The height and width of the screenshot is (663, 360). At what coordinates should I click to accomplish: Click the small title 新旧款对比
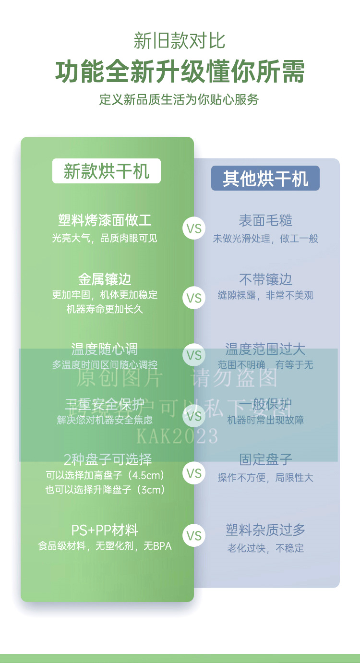180,41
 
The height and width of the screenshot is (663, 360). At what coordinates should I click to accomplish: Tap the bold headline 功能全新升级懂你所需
180,72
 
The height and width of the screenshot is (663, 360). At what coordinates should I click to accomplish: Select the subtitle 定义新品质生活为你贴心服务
180,99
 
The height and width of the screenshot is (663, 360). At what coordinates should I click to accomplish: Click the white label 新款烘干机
106,171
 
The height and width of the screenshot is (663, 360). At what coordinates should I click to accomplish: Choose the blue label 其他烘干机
265,179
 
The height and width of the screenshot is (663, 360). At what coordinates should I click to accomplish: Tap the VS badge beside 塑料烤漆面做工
194,229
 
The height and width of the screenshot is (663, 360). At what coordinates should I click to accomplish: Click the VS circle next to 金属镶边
194,298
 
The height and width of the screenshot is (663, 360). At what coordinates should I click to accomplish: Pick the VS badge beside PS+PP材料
194,536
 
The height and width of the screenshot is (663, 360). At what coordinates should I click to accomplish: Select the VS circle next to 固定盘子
194,473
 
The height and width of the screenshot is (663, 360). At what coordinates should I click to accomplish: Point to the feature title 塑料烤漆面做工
105,221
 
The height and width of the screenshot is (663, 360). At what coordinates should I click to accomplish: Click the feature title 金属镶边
105,279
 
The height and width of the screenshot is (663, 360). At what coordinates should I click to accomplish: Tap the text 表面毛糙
265,221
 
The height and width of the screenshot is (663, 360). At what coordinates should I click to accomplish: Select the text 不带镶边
265,279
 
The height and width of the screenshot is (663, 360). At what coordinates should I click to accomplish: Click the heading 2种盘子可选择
108,459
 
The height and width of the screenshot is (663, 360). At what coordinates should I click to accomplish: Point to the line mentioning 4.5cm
105,476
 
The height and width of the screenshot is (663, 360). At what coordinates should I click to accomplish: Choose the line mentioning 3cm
105,490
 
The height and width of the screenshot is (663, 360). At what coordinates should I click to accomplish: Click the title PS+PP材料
105,530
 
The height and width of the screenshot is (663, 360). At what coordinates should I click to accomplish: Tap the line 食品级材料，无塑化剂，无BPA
105,546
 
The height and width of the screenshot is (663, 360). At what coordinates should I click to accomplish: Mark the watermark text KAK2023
178,436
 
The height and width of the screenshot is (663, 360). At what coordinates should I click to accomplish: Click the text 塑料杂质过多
265,530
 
